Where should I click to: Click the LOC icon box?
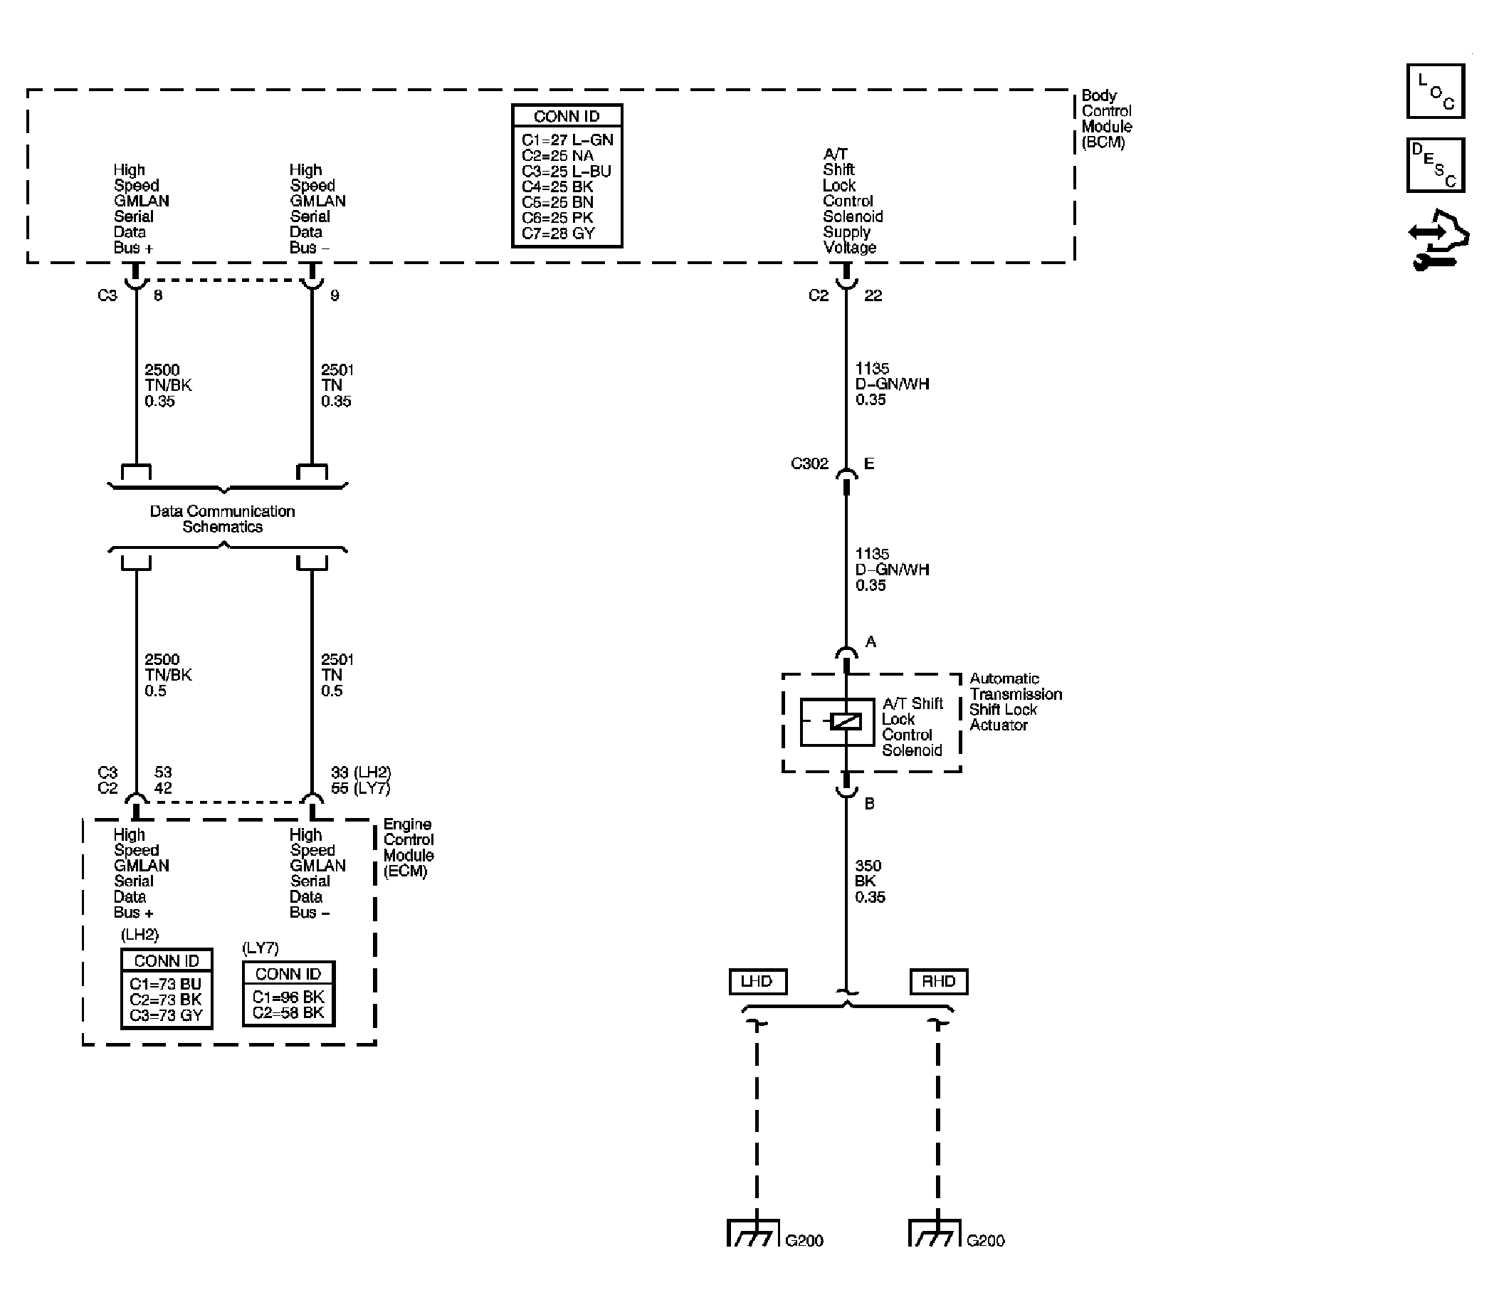(x=1434, y=90)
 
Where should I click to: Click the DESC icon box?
(x=1434, y=165)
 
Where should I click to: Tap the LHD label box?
(x=757, y=982)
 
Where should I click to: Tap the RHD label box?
(x=937, y=982)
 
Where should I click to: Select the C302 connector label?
(x=809, y=463)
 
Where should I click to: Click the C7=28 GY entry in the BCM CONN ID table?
(x=558, y=234)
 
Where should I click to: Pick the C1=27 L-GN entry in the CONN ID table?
(x=567, y=140)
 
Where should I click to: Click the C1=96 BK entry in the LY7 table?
(x=288, y=997)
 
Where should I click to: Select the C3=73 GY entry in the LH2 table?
(x=166, y=1016)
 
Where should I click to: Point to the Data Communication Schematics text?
(x=223, y=520)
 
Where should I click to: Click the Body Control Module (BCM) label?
(x=1106, y=119)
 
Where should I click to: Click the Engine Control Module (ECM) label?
(x=409, y=847)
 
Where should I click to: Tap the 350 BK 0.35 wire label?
(x=869, y=881)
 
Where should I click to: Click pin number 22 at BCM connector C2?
(x=873, y=296)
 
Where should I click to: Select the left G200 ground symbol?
(x=754, y=1233)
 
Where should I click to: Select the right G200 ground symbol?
(x=935, y=1233)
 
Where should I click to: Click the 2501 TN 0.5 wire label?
(x=337, y=675)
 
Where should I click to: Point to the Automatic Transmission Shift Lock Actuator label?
(x=1014, y=701)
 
